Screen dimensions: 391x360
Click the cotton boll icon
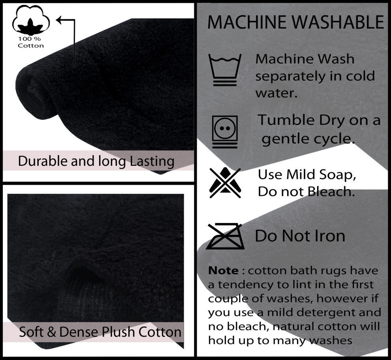click(31, 20)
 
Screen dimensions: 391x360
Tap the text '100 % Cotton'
click(31, 42)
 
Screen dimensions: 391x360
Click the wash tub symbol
click(225, 70)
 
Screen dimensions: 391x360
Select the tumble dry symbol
click(225, 132)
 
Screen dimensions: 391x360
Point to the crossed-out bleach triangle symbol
click(225, 183)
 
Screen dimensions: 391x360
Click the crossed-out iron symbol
click(225, 236)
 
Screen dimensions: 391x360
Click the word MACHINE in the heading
click(247, 22)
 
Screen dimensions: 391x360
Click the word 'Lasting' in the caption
click(152, 161)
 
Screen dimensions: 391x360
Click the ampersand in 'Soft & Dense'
click(51, 332)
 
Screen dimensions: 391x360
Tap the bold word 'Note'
click(223, 270)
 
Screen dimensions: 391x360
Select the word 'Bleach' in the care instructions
click(329, 192)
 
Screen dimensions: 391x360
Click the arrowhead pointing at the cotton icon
click(59, 20)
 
